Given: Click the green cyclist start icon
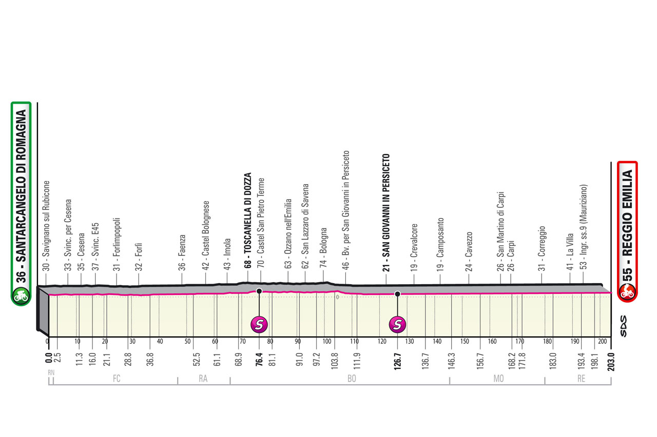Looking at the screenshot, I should [x=22, y=295].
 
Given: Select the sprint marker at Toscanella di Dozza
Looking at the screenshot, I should [x=259, y=324].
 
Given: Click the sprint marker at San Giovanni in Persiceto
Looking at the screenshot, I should [x=397, y=324].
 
